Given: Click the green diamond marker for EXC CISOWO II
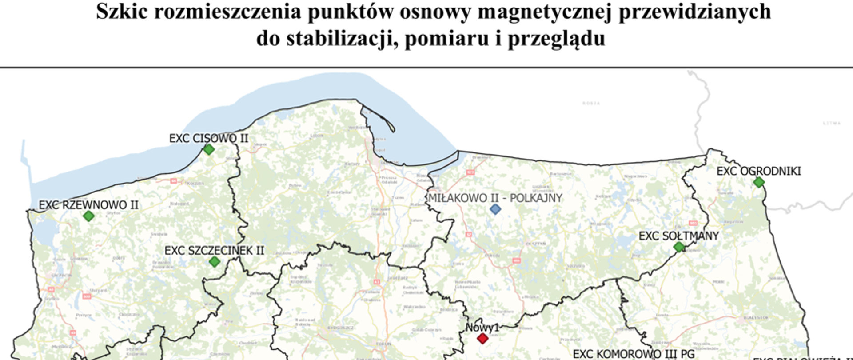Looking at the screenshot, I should pyautogui.click(x=209, y=149).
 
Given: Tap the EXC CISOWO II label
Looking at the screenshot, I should pyautogui.click(x=208, y=138).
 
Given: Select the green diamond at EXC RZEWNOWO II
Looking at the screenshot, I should pyautogui.click(x=89, y=216).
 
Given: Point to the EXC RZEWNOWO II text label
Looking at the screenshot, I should pyautogui.click(x=88, y=205).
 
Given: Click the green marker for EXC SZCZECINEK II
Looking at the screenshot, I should pyautogui.click(x=215, y=261).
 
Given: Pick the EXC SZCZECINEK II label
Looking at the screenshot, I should pyautogui.click(x=214, y=250).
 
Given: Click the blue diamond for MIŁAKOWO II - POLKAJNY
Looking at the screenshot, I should pyautogui.click(x=495, y=209).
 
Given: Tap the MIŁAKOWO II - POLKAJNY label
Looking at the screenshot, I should pyautogui.click(x=495, y=198).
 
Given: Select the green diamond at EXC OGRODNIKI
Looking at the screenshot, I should pyautogui.click(x=759, y=182).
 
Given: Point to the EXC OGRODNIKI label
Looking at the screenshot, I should pyautogui.click(x=759, y=171).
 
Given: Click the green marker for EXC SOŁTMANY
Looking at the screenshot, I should pyautogui.click(x=679, y=247).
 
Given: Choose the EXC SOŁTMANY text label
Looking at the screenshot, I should pyautogui.click(x=678, y=236).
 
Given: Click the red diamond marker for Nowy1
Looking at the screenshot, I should pyautogui.click(x=482, y=339).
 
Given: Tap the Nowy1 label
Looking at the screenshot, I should pyautogui.click(x=482, y=328).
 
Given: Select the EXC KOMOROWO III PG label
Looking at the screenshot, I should pyautogui.click(x=634, y=354).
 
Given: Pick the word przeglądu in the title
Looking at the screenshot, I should pyautogui.click(x=556, y=39).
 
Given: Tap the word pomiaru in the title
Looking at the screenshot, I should pyautogui.click(x=446, y=39).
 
